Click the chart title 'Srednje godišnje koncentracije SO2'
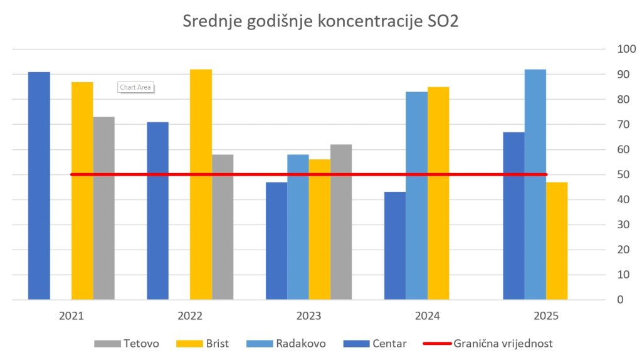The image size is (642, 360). [x=320, y=21]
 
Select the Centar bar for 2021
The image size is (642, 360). [x=39, y=188]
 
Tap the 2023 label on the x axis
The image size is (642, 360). [x=309, y=316]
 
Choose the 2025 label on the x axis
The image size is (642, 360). [x=546, y=316]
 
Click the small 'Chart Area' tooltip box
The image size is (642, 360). [x=135, y=88]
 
